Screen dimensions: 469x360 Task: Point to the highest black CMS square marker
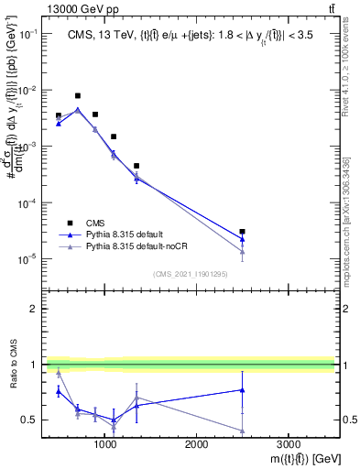tap(78, 95)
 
